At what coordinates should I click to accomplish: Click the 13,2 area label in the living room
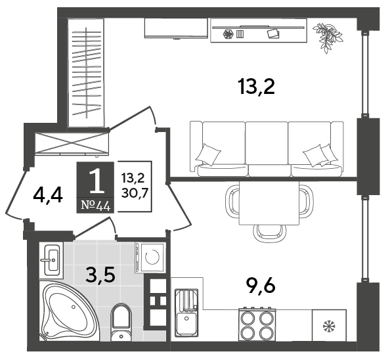[257, 87]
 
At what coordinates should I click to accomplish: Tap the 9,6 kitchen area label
[260, 286]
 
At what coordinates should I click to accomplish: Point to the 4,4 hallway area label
[47, 196]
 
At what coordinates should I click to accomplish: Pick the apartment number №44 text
[96, 206]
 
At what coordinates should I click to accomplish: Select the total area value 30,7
[135, 193]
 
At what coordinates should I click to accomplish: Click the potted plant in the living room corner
[328, 37]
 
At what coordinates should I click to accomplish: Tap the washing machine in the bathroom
[150, 257]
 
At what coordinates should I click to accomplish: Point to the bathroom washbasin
[52, 260]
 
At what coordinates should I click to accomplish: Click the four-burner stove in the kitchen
[257, 325]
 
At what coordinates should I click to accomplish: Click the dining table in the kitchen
[269, 203]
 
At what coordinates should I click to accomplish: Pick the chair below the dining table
[269, 233]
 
